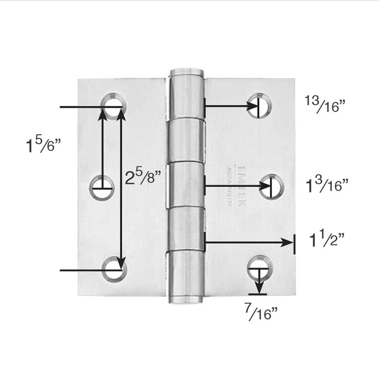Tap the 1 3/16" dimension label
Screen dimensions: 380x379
pos(326,185)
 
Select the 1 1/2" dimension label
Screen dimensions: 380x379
pos(326,241)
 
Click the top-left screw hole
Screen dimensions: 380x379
pos(113,102)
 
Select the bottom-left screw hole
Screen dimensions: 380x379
pos(115,268)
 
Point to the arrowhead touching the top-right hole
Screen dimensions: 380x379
pos(251,106)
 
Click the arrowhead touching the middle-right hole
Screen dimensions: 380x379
pos(264,186)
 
